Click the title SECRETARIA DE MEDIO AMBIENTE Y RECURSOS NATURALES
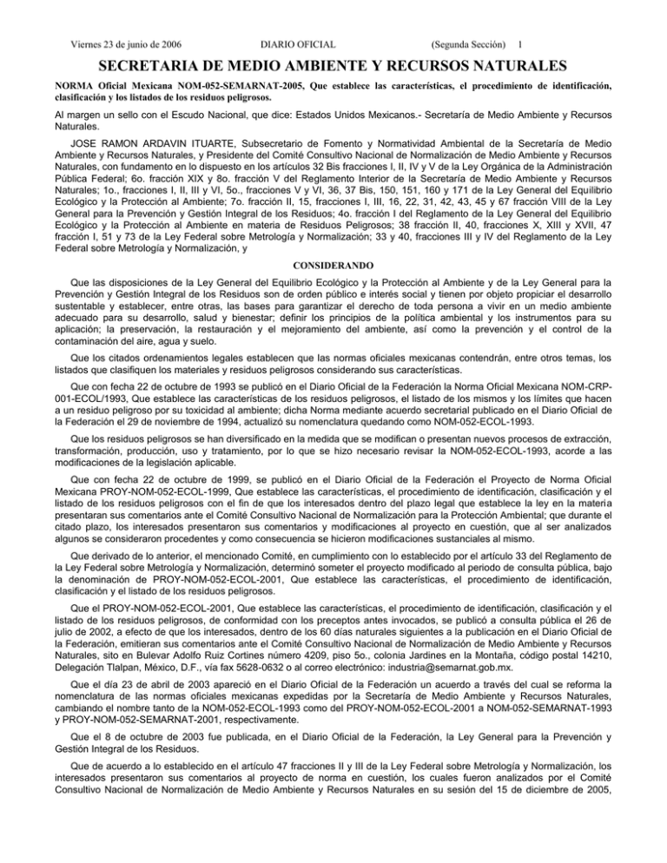333,66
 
